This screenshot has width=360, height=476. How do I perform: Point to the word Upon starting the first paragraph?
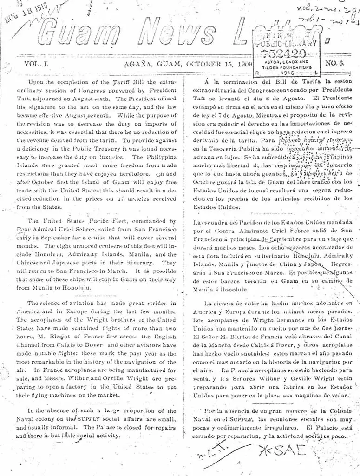tap(39, 82)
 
